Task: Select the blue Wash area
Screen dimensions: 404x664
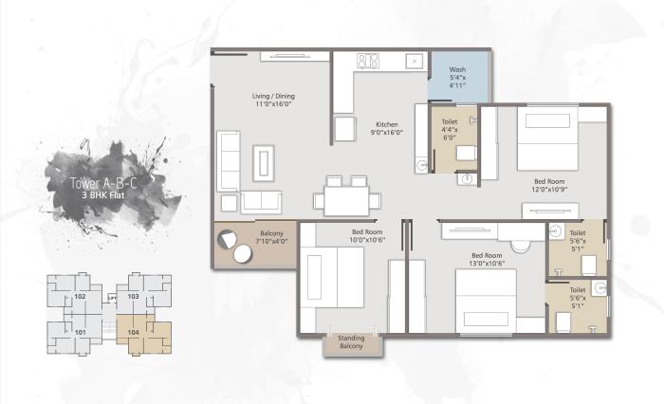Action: point(458,75)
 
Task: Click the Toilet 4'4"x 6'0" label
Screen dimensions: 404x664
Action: point(449,130)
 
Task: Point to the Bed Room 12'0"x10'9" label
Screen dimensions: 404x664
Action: point(549,184)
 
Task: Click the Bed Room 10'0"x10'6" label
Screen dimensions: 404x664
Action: point(367,236)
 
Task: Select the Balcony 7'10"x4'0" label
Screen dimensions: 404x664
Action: point(270,237)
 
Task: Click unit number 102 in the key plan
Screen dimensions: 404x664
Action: point(81,297)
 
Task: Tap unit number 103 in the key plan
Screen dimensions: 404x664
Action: point(134,297)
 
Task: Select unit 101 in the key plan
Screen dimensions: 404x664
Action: point(81,332)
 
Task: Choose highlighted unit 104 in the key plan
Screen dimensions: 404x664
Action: point(134,332)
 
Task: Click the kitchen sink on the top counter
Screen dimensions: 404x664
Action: point(414,61)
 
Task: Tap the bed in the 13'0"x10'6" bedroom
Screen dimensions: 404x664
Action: point(486,302)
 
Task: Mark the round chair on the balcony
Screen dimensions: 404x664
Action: point(228,236)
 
